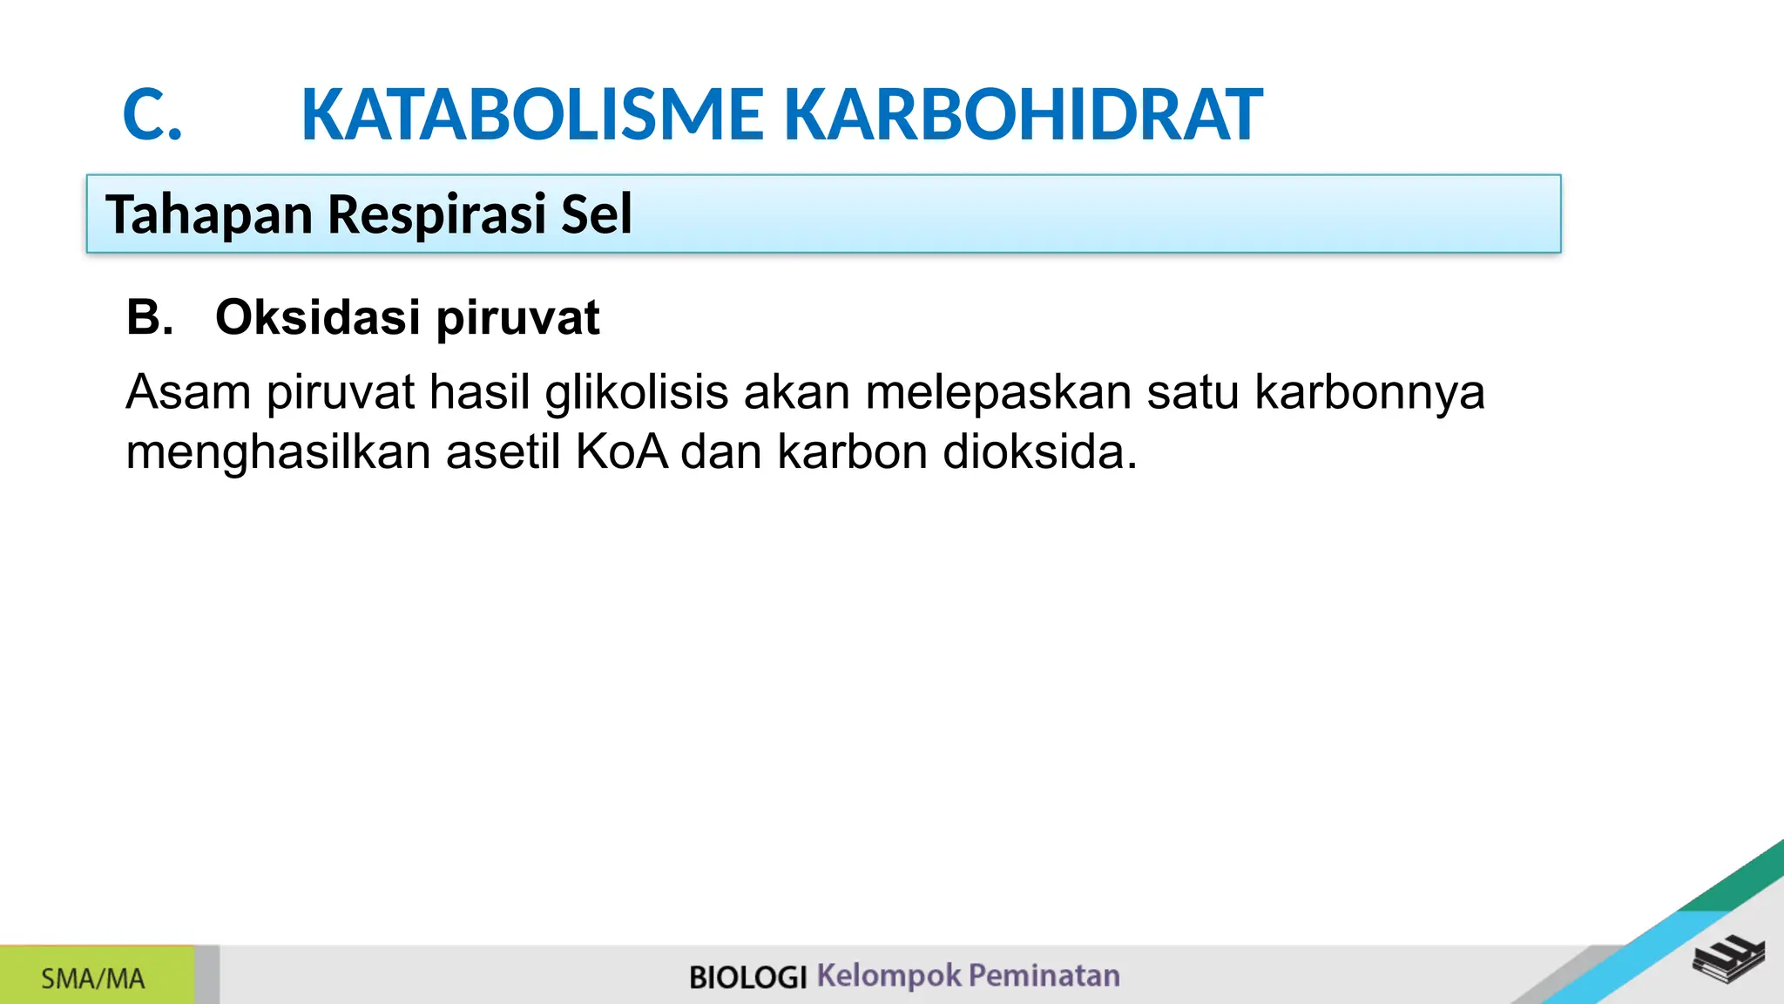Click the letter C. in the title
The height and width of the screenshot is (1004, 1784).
point(152,115)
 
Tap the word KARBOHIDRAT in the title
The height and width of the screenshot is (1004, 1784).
point(1023,115)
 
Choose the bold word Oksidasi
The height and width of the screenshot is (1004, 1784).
point(318,317)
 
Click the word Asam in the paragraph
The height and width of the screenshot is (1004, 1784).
point(188,392)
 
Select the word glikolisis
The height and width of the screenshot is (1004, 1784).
point(637,392)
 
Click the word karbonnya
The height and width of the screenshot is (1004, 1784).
point(1369,392)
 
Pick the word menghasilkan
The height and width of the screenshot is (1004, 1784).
point(278,452)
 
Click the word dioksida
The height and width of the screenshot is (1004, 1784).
point(1040,452)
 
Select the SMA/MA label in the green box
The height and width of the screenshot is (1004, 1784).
point(93,979)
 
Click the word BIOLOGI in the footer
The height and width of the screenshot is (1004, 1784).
point(747,977)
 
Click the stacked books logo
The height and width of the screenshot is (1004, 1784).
point(1728,959)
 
